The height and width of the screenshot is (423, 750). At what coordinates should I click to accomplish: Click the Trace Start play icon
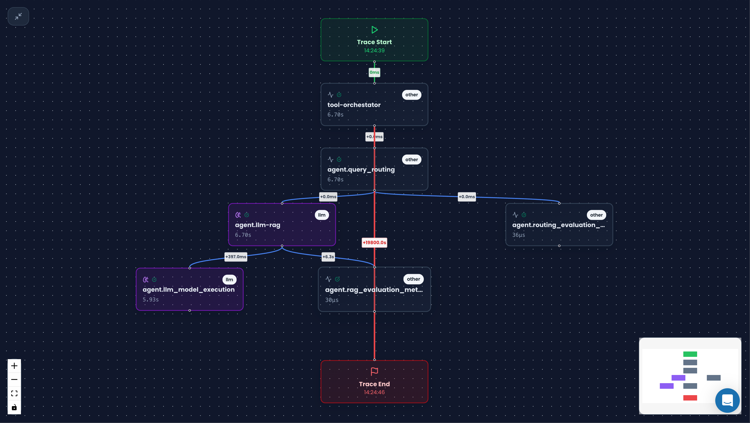coord(374,30)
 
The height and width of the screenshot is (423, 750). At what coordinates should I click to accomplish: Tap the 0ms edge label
coord(374,73)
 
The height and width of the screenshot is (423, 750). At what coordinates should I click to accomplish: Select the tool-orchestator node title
coord(354,105)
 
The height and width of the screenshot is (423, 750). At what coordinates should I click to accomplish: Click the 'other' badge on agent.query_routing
coord(411,160)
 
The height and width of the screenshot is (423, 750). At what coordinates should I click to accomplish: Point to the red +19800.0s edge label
coord(374,242)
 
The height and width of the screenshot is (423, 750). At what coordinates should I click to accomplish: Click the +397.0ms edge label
coord(236,257)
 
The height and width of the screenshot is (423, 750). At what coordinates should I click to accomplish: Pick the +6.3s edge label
coord(328,257)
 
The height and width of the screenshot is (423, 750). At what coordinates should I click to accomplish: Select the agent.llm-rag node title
coord(257,225)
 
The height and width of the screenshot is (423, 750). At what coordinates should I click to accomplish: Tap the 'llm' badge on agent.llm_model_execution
coord(229,280)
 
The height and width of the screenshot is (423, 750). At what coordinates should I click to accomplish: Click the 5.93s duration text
coord(150,300)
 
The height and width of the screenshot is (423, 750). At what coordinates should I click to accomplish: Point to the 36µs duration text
coord(519,235)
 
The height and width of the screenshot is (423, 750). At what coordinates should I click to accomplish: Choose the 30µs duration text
coord(332,300)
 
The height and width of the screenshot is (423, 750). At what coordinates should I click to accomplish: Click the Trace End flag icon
coord(374,371)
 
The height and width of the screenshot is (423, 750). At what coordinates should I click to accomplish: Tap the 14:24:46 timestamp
coord(374,392)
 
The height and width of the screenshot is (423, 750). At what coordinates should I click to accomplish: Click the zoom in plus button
coord(14,366)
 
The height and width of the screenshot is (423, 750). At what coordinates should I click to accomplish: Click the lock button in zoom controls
coord(14,407)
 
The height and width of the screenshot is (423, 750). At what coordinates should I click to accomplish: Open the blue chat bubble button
coord(727,401)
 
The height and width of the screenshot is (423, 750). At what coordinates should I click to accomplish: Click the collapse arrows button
coord(18,16)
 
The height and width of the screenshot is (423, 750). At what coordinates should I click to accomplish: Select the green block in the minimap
coord(690,354)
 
